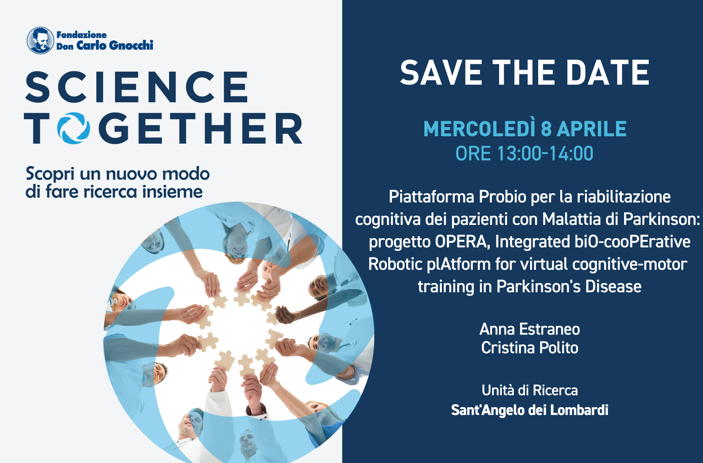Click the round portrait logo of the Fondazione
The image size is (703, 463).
tap(40, 41)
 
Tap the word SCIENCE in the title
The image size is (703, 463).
tap(137, 87)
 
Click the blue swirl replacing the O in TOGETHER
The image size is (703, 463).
tap(74, 128)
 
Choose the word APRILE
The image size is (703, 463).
tap(592, 129)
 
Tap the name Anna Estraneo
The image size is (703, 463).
tap(529, 329)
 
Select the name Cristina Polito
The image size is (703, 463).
tap(529, 348)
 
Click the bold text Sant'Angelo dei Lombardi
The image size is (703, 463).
tap(529, 410)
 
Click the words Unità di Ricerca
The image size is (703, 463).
tap(529, 390)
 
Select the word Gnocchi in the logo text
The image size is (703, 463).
tap(131, 46)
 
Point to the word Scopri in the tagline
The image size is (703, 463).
tap(50, 174)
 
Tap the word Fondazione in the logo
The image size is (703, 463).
tap(82, 35)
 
